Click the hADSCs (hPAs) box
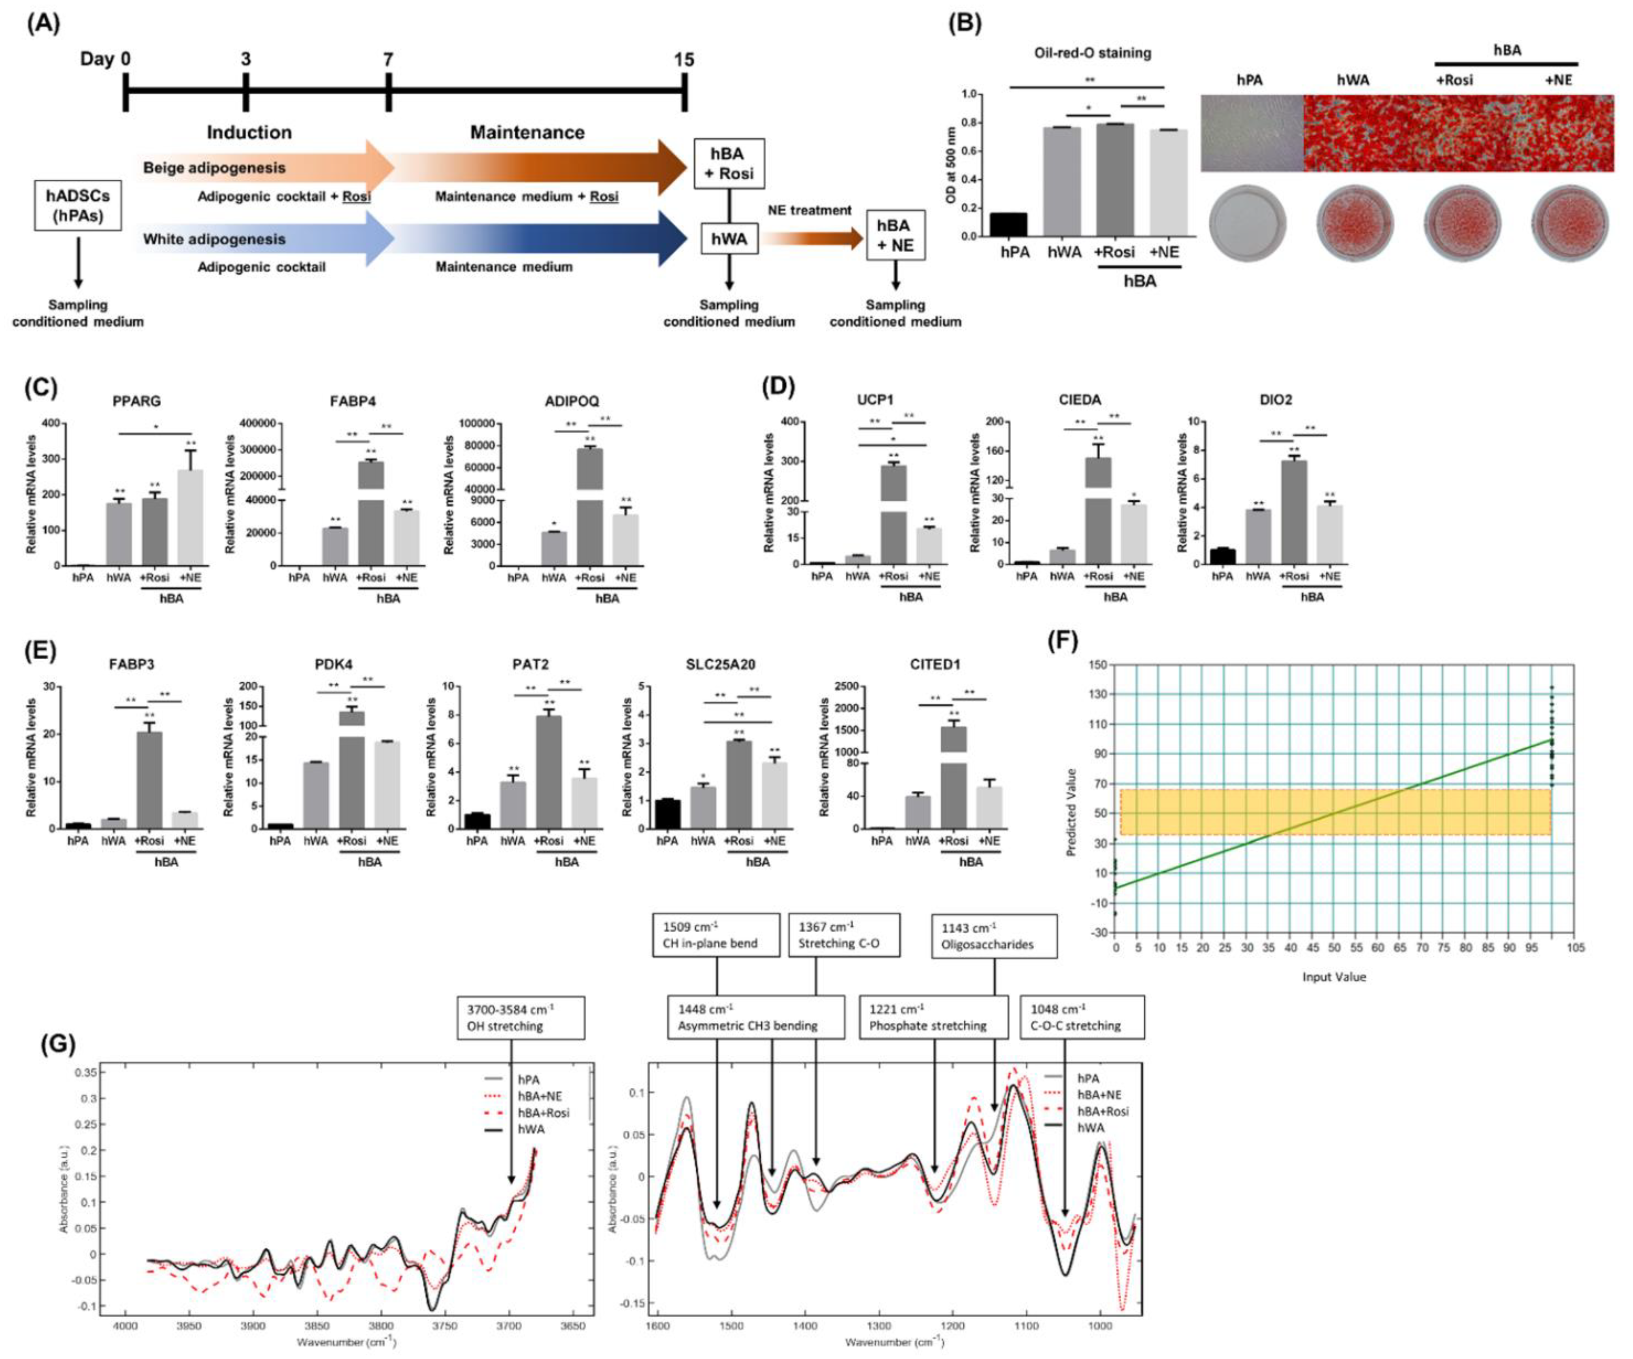click(x=78, y=205)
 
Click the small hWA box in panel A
click(x=729, y=239)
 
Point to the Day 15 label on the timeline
click(x=684, y=60)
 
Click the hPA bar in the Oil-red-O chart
click(x=1008, y=224)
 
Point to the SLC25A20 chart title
click(x=721, y=665)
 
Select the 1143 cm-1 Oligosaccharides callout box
click(x=994, y=935)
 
